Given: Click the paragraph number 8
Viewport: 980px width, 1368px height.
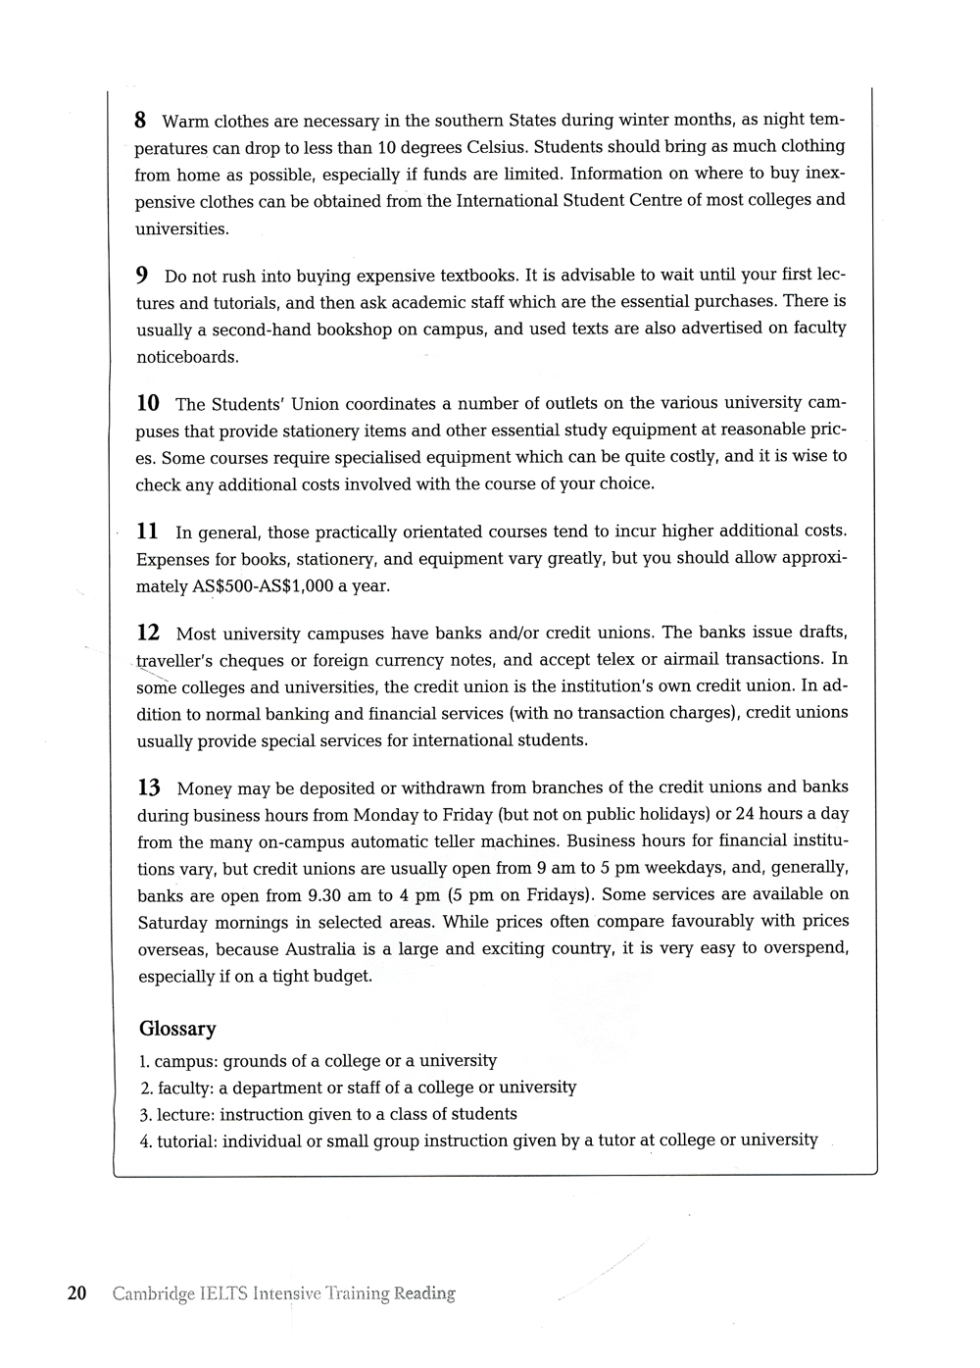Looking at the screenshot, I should [140, 121].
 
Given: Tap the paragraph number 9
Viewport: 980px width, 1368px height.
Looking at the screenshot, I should [142, 275].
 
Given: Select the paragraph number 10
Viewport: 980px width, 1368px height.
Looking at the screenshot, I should [147, 403].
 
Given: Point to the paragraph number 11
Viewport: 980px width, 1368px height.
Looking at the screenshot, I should [147, 532].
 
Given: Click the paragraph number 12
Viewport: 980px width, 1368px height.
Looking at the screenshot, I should [148, 633].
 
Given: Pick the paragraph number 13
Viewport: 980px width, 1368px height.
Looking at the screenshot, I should [149, 787].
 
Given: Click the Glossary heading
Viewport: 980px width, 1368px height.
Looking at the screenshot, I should [177, 1029].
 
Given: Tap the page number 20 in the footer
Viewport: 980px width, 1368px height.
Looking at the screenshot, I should [77, 1293].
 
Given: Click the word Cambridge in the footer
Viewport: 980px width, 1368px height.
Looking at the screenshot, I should [152, 1294].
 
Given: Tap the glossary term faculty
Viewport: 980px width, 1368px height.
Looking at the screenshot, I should [182, 1088].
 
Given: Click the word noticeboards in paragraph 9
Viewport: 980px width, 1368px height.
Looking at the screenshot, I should [187, 357].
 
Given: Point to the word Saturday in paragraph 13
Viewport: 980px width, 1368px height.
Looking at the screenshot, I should [172, 923].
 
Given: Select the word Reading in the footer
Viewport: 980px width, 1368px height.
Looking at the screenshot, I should [424, 1294].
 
